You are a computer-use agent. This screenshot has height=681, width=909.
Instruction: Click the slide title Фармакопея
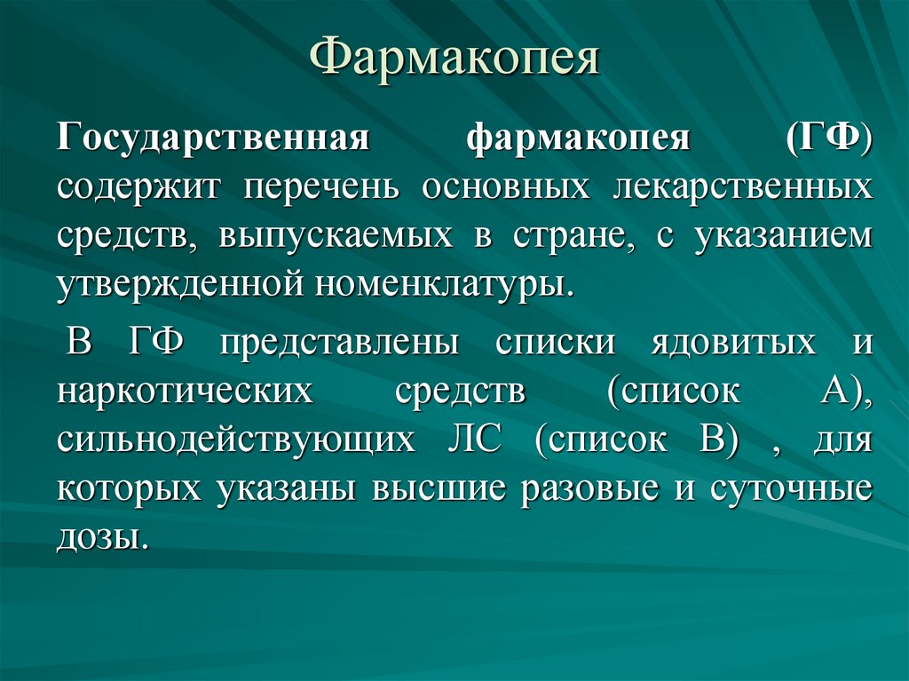tap(454, 60)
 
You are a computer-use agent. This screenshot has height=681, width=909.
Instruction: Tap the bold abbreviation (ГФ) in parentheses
tap(828, 140)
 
